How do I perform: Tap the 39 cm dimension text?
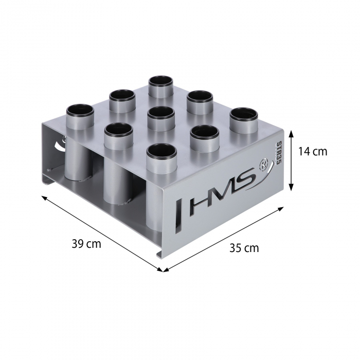tap(86, 244)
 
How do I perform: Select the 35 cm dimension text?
tap(244, 248)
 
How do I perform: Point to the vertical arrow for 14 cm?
tap(292, 160)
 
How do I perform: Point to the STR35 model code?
tap(279, 153)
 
